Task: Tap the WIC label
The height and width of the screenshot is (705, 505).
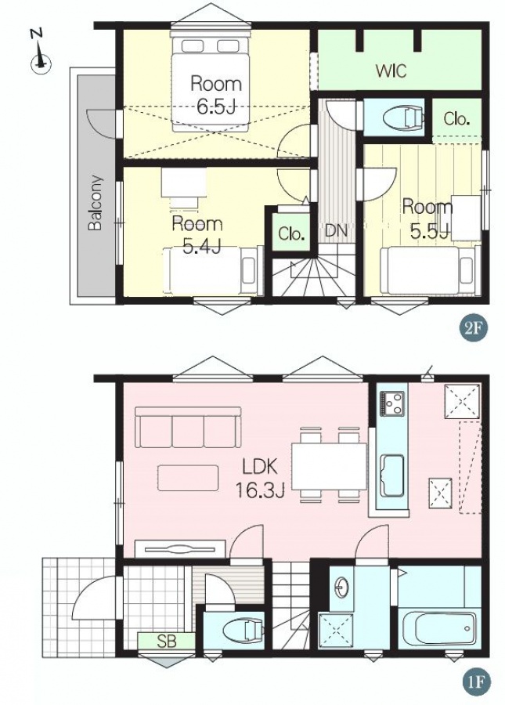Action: point(391,70)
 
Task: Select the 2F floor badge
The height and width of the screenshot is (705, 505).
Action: point(474,328)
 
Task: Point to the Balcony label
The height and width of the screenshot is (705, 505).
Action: point(96,202)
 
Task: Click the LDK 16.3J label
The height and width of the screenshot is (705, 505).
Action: point(260,479)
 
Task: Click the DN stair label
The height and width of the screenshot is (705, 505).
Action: point(336,232)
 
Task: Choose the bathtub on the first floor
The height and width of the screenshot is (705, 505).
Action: point(438,628)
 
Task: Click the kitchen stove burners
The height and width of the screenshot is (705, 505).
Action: point(392,403)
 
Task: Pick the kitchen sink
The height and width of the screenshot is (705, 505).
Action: point(391,475)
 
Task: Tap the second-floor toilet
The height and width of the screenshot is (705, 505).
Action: point(403,117)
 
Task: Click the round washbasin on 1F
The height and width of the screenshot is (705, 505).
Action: point(342,586)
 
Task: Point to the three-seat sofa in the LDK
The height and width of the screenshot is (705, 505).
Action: point(188,427)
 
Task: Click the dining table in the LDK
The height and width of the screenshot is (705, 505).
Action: point(330,466)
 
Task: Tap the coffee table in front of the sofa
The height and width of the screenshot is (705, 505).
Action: point(188,478)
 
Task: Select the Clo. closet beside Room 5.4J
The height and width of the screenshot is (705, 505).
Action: point(292,233)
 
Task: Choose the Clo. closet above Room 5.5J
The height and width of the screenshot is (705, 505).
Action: point(456,119)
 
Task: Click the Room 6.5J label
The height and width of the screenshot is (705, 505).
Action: point(216,95)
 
